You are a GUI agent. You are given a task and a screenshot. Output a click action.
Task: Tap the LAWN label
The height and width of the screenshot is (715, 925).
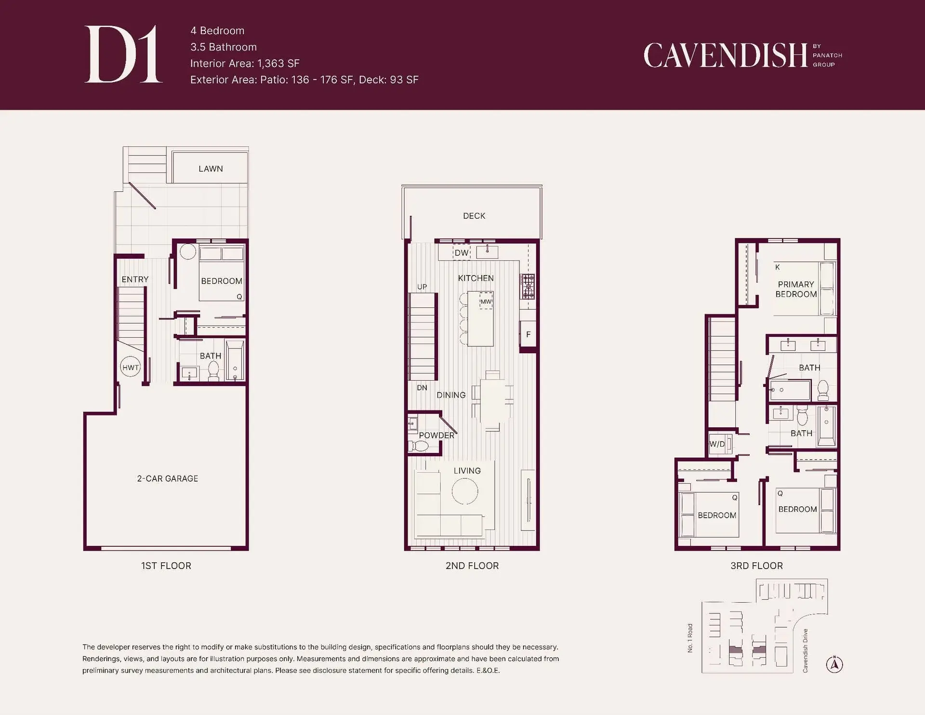pos(211,169)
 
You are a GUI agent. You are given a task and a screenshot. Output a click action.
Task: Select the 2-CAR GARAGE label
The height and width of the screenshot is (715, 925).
pos(168,478)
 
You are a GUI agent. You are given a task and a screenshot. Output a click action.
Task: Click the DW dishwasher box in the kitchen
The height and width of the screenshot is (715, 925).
pos(462,252)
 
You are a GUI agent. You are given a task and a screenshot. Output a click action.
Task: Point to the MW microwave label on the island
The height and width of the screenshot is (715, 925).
pos(486,302)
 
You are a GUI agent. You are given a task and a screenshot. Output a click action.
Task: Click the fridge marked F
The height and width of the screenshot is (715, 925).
pos(528,334)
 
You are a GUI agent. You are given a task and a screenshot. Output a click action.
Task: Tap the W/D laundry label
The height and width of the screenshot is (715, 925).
pos(717,444)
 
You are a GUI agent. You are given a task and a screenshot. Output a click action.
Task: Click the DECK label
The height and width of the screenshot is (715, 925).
pos(474,216)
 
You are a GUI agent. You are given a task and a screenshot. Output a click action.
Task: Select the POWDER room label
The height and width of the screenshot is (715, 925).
pos(436,435)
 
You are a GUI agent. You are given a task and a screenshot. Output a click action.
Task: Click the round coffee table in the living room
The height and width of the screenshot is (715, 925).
pos(465,491)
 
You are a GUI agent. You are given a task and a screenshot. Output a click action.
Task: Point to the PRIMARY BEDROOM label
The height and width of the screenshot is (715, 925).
pos(796,289)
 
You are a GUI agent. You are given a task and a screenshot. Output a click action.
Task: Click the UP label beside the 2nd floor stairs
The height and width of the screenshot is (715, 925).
pos(422,287)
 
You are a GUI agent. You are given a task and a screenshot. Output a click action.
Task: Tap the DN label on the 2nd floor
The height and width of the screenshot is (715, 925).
pos(422,387)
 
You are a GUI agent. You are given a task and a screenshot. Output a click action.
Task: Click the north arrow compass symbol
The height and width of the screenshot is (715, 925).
pos(834,664)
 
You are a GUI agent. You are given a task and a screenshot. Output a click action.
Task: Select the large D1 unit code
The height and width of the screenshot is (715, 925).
pos(123,54)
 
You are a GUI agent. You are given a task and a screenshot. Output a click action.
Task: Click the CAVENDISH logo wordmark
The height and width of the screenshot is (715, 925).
pos(726,55)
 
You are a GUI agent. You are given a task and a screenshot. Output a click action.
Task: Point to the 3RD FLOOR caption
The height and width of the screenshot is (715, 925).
pos(756,566)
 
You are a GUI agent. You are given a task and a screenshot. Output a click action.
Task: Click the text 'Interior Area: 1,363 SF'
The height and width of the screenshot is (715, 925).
pos(245,63)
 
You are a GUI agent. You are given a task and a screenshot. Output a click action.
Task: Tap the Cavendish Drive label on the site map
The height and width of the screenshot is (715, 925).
pos(805,650)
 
